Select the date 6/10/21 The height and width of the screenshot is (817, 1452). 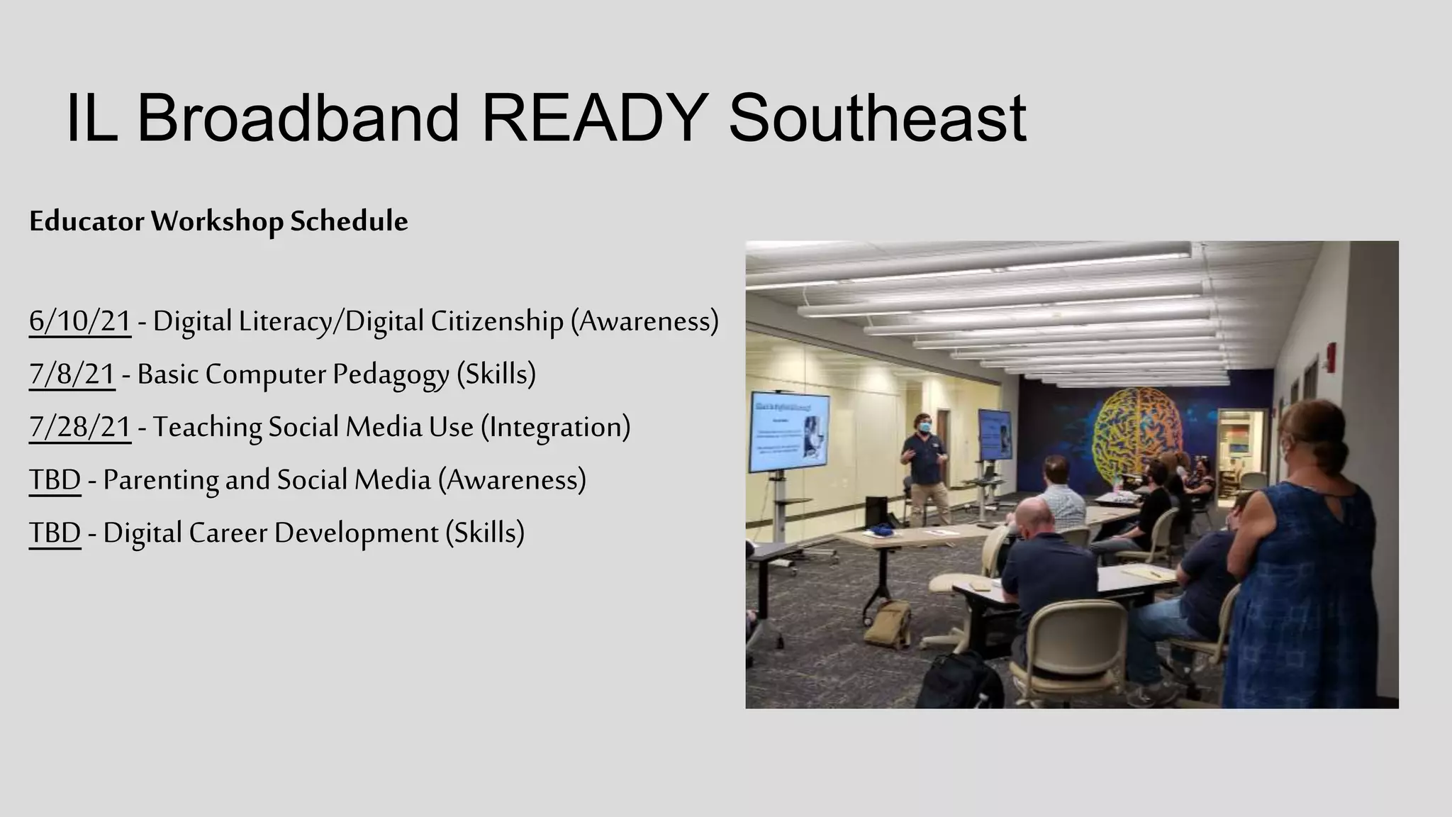click(x=80, y=321)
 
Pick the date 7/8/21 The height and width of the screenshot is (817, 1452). click(x=72, y=374)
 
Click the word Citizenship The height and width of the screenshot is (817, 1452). click(x=496, y=321)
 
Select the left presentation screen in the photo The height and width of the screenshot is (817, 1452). click(x=789, y=432)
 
